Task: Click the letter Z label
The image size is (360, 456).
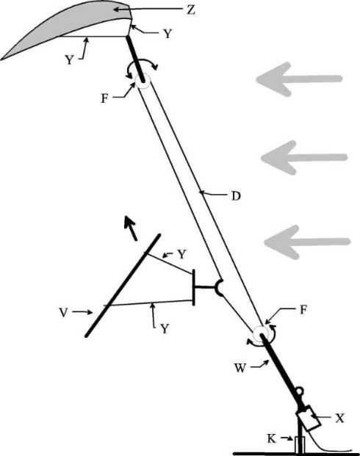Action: [x=190, y=10]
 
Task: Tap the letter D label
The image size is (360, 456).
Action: [x=236, y=196]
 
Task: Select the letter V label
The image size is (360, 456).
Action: [x=64, y=312]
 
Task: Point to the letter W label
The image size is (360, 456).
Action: [x=240, y=368]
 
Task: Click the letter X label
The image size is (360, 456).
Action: [x=339, y=419]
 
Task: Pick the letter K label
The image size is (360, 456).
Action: [x=272, y=438]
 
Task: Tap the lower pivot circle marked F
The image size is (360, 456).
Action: [x=261, y=333]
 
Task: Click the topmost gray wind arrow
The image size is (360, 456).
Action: [x=299, y=79]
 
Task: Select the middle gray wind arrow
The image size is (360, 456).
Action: [x=304, y=158]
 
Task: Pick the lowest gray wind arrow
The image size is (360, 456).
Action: [x=307, y=242]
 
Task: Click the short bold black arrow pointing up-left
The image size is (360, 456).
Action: [x=130, y=228]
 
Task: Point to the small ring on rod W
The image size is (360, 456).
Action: [x=300, y=392]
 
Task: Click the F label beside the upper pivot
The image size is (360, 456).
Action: [x=104, y=99]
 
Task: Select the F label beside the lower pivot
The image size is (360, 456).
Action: [x=303, y=310]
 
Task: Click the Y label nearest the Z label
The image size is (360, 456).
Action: [x=168, y=34]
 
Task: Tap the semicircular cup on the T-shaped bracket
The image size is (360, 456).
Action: [x=220, y=288]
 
